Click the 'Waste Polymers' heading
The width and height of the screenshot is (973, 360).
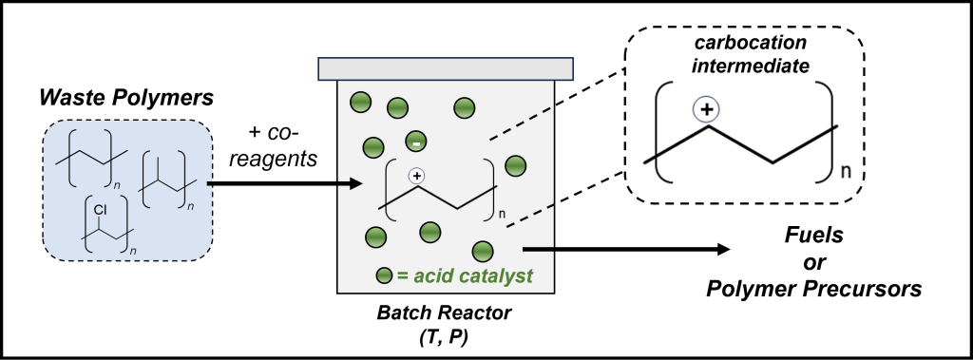[126, 98]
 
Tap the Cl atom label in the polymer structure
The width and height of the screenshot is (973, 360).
[101, 211]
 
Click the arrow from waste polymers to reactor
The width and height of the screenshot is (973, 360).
[284, 183]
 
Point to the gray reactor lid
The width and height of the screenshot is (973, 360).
[446, 69]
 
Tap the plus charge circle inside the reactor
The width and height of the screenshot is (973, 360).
[417, 177]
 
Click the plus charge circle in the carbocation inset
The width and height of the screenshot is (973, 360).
[706, 110]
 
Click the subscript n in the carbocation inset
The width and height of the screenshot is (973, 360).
[845, 171]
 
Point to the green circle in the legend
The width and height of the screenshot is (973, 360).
[385, 275]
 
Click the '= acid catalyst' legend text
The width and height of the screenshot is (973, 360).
[464, 275]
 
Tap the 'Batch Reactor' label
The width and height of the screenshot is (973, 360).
[445, 313]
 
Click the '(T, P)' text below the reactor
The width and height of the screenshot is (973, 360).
[445, 340]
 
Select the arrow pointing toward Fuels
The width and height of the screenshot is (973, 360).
[627, 250]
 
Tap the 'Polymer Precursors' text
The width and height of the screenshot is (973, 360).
[813, 290]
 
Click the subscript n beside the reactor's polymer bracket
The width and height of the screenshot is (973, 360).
[502, 215]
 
